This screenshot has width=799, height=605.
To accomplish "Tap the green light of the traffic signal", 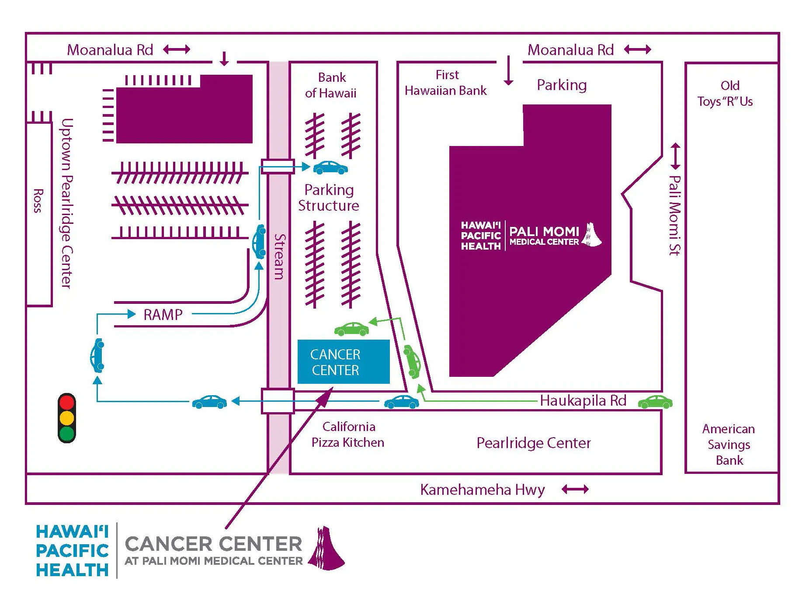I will coord(67,434).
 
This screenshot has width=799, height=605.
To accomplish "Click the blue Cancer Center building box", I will coord(343,362).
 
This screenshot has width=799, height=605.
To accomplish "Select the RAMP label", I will coord(163,314).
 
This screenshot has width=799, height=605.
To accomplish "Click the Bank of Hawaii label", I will coord(331,85).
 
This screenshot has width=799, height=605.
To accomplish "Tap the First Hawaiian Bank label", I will coord(446,83).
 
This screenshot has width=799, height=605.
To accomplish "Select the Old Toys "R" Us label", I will coord(726,93).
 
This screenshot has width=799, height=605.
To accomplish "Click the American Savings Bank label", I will coord(729,444).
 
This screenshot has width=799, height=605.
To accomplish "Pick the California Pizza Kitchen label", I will coord(348,435).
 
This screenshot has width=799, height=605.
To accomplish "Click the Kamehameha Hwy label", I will coord(482,490).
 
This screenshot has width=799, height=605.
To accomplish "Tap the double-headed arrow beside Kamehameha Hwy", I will coord(575,489).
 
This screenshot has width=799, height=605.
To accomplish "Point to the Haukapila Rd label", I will coord(583,400).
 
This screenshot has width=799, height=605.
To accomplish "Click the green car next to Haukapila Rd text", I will coord(655,402).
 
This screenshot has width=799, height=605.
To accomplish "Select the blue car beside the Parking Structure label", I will coord(330,168).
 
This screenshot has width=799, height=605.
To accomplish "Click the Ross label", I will coord(38,201).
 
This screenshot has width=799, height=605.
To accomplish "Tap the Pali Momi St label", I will coord(675,215).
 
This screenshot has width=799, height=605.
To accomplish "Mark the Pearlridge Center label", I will coord(533,443).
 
